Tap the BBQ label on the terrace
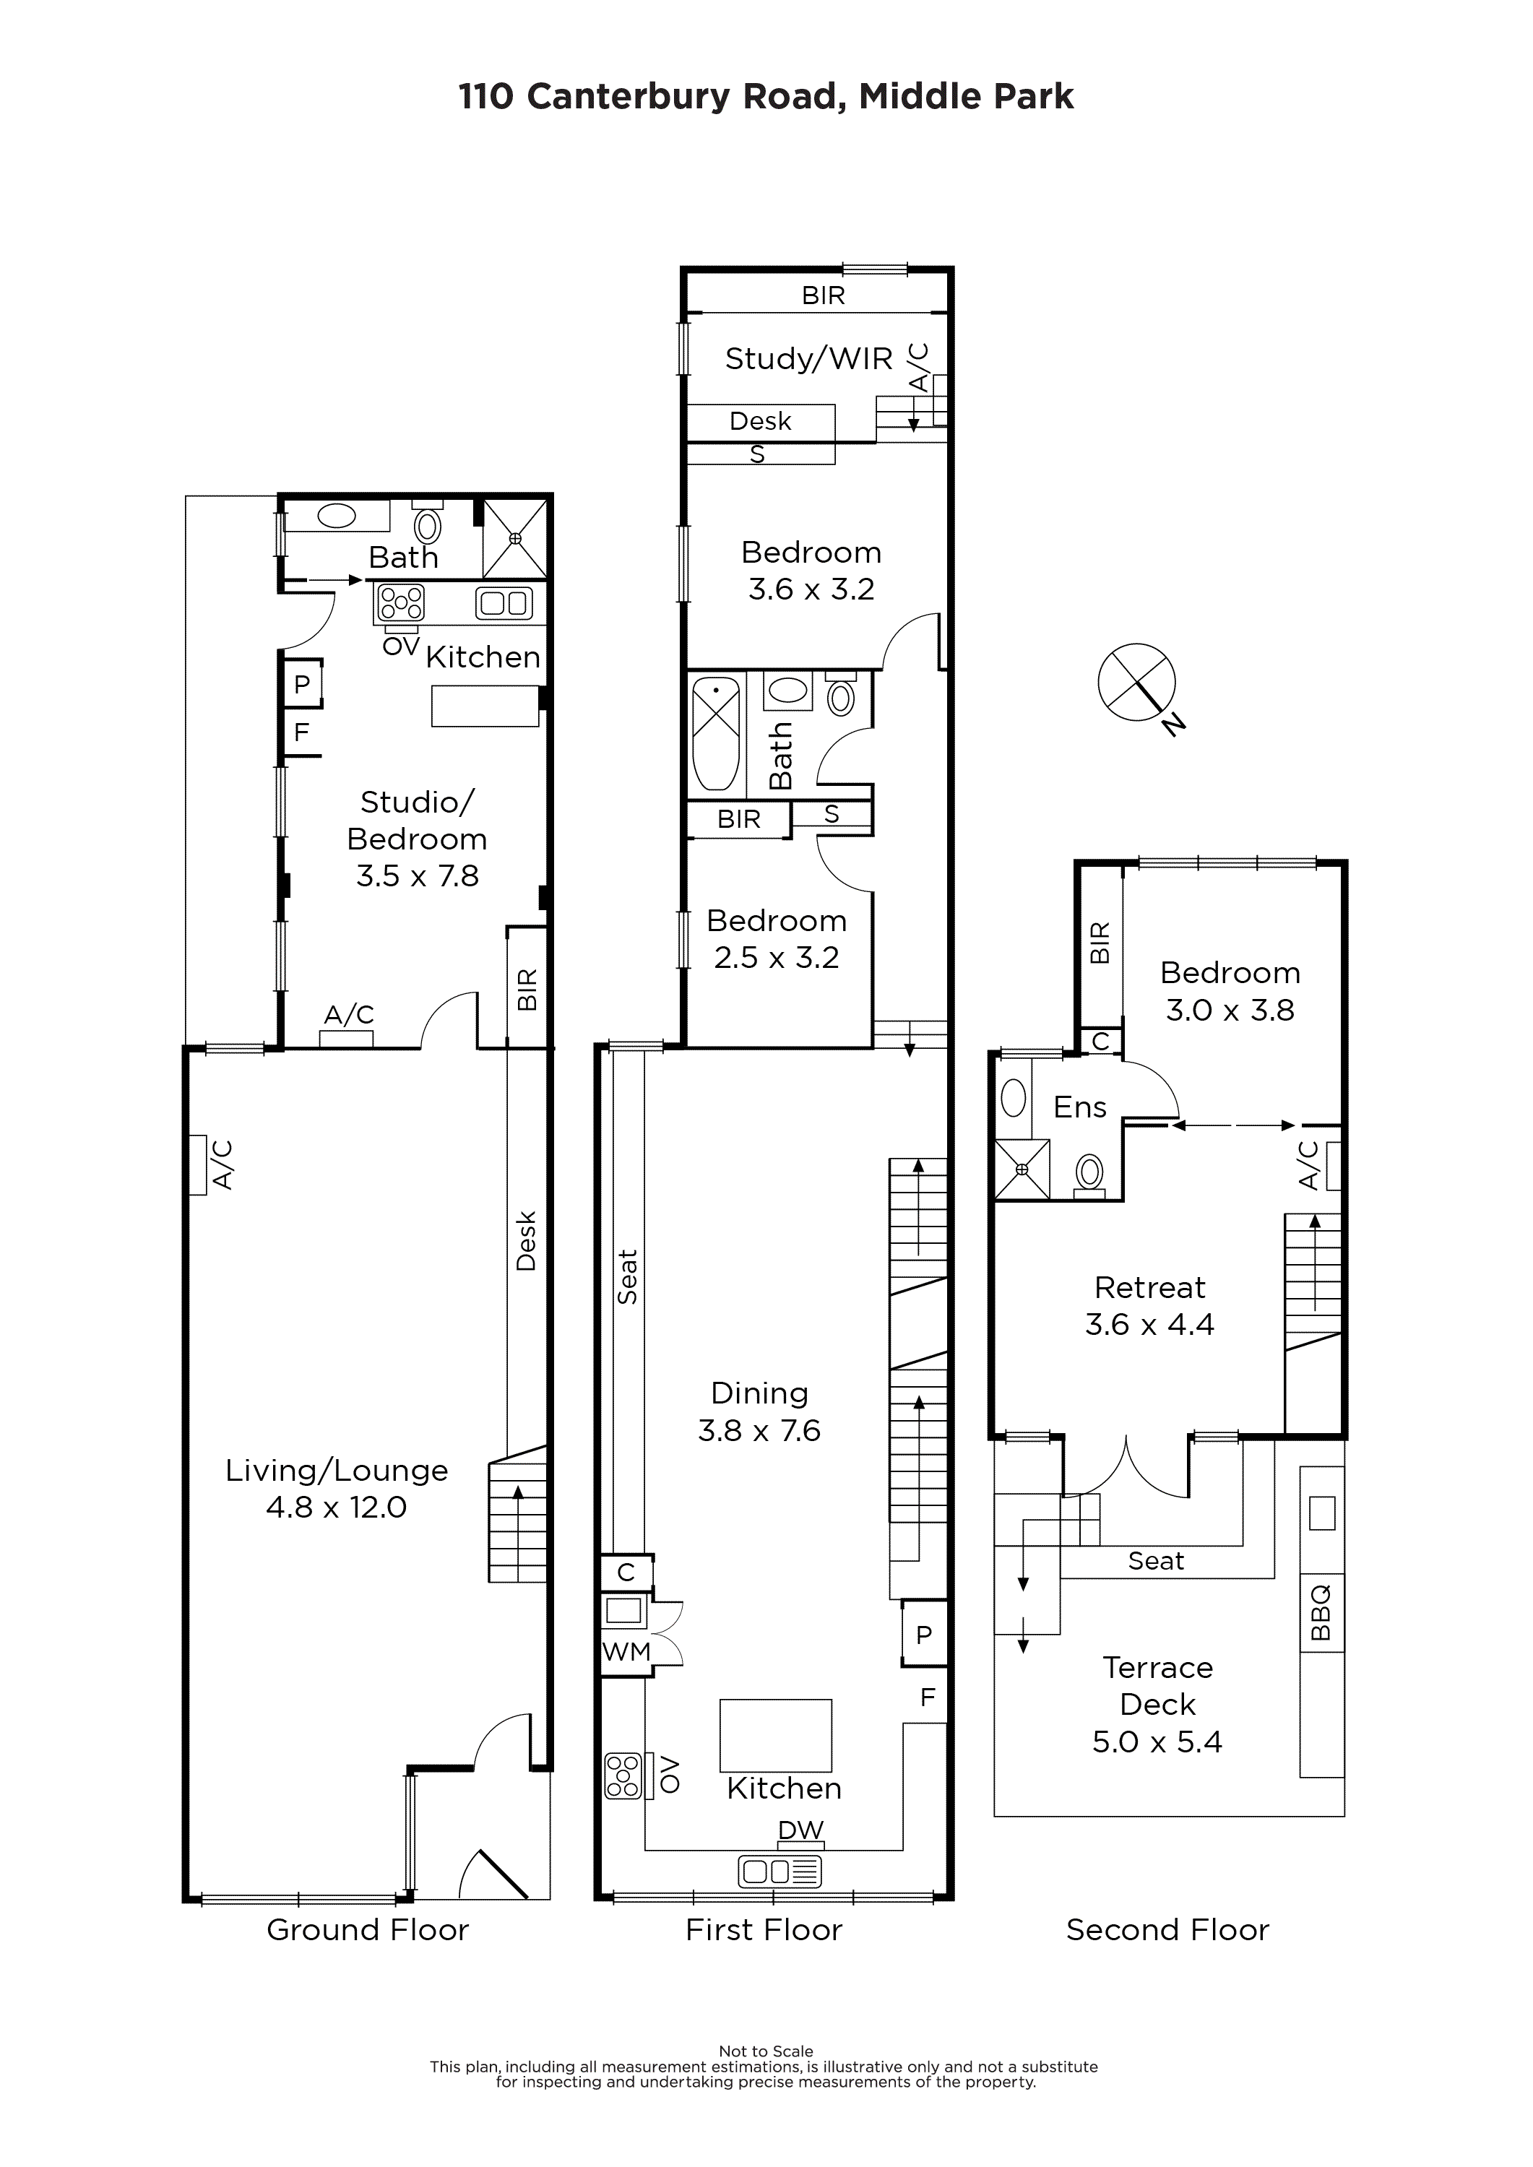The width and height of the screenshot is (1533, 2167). (1321, 1613)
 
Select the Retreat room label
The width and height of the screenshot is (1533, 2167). (1150, 1287)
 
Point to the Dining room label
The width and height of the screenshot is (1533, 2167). (760, 1393)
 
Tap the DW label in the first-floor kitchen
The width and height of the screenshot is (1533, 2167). (800, 1830)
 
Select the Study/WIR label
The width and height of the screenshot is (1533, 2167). (809, 359)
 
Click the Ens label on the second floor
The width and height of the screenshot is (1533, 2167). (1080, 1107)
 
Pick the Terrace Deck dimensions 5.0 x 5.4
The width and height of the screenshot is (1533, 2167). (1157, 1742)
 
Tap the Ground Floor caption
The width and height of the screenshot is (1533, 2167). (368, 1930)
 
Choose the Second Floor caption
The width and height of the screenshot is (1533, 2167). (1167, 1930)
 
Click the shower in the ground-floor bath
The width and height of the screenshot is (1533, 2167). (515, 538)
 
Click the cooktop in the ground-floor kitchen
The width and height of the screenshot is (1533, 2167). (401, 602)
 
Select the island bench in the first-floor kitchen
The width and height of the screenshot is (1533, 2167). (776, 1736)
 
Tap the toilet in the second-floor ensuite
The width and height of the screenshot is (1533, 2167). (1090, 1175)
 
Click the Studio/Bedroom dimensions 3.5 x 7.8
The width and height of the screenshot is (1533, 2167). (418, 876)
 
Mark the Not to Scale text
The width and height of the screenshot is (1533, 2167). (766, 2051)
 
